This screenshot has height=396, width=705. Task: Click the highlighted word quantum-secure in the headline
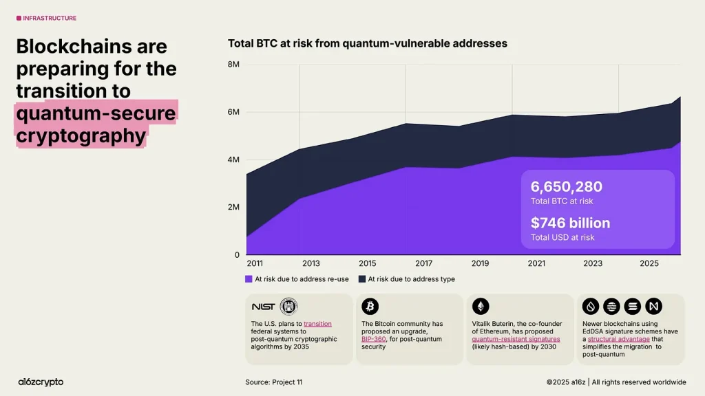[x=96, y=112]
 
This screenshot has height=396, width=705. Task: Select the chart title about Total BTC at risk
[x=368, y=43]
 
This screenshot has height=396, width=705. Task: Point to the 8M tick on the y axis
[x=233, y=65]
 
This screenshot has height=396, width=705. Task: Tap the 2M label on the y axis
[x=233, y=207]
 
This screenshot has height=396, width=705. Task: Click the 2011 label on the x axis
[x=255, y=263]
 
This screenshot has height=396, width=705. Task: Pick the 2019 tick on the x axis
[x=480, y=263]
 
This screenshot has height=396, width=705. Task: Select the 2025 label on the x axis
[x=649, y=263]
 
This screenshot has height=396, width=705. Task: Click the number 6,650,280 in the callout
[x=566, y=186]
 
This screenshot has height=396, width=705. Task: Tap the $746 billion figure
[x=570, y=223]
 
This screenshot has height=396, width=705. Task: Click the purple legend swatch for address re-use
[x=249, y=279]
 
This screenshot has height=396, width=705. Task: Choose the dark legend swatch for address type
[x=362, y=279]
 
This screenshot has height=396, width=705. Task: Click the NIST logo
[x=263, y=307]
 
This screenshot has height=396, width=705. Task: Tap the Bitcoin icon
[x=370, y=307]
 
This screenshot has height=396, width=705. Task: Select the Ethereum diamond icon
[x=480, y=307]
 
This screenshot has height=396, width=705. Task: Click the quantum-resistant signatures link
[x=516, y=339]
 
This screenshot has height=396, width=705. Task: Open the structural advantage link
[x=618, y=339]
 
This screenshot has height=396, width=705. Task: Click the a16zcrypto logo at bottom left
[x=41, y=382]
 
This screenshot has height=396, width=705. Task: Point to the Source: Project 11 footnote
[x=273, y=382]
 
